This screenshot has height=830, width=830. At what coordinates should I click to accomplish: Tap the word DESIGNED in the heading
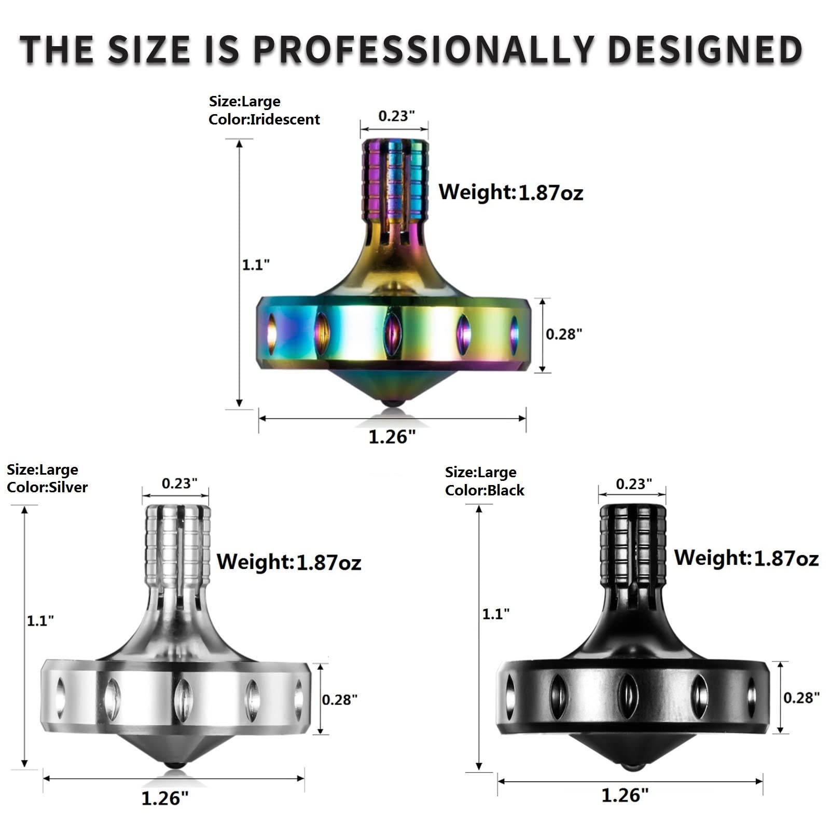tap(705, 50)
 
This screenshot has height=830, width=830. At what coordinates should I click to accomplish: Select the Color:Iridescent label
tap(264, 119)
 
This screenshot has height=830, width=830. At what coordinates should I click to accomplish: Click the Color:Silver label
tap(47, 487)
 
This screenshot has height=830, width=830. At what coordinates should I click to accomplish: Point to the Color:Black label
tap(485, 490)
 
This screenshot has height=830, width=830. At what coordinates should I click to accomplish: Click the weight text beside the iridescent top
tap(511, 192)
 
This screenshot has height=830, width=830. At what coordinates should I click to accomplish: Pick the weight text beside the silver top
tap(288, 562)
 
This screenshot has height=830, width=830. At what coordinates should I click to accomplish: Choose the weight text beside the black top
tap(746, 558)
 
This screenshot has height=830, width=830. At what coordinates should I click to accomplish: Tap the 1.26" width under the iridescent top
tap(392, 437)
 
